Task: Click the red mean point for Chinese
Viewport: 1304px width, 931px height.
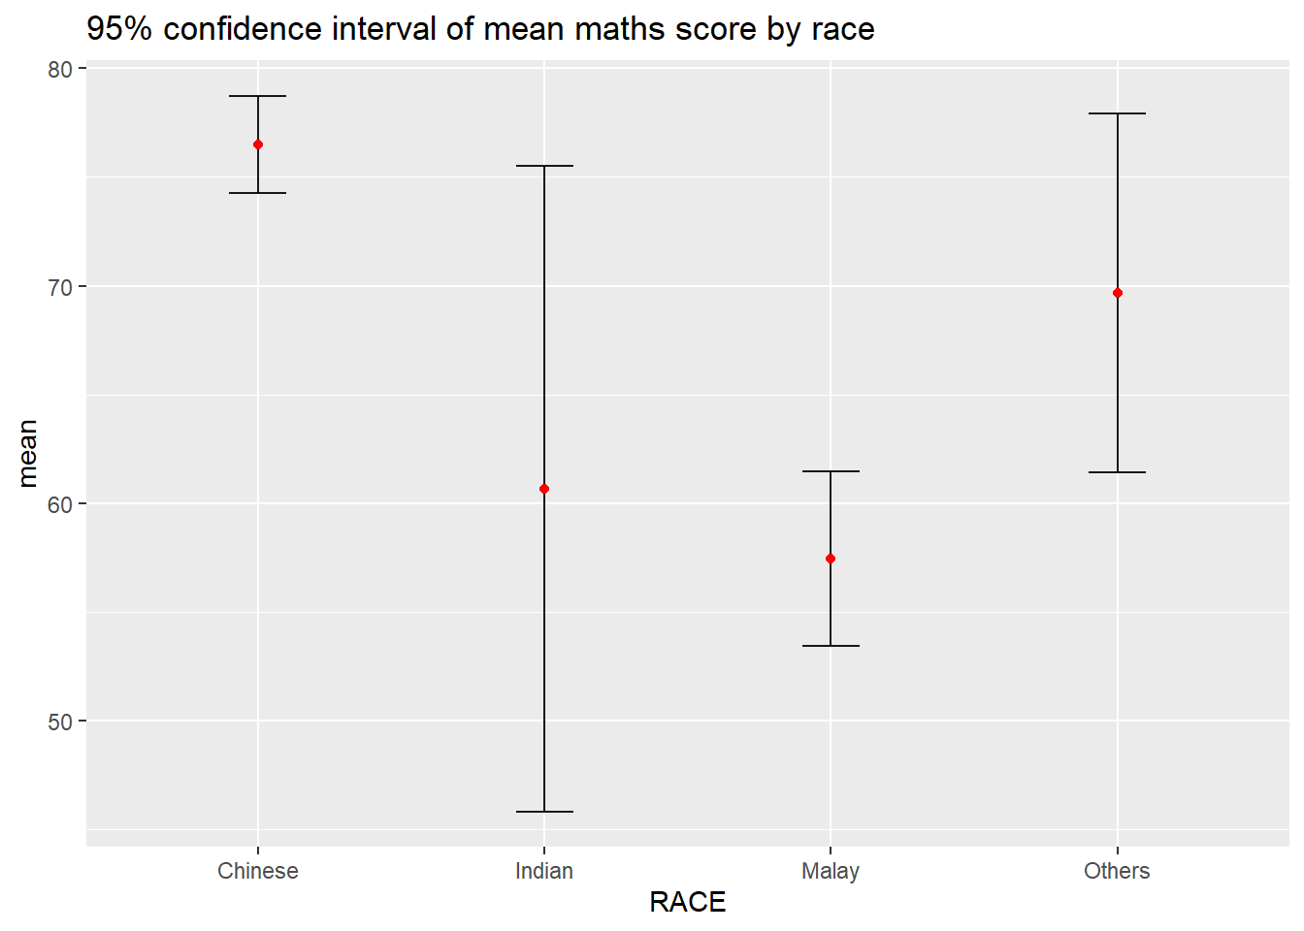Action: pyautogui.click(x=258, y=144)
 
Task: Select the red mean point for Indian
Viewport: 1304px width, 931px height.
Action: pyautogui.click(x=544, y=489)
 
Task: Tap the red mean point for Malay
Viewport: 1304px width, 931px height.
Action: pyautogui.click(x=831, y=559)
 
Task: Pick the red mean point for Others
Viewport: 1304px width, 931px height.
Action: pyautogui.click(x=1118, y=293)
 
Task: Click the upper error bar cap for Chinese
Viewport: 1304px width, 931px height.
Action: pyautogui.click(x=258, y=96)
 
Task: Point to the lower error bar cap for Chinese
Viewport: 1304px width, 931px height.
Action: pyautogui.click(x=258, y=193)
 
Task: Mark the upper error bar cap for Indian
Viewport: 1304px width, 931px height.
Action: pyautogui.click(x=544, y=166)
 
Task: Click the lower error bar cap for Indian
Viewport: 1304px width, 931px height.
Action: pyautogui.click(x=544, y=812)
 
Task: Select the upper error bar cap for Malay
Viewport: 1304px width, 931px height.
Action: pyautogui.click(x=831, y=471)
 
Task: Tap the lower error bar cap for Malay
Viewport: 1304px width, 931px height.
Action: pyautogui.click(x=831, y=646)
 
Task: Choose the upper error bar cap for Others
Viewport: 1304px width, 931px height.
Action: pyautogui.click(x=1118, y=113)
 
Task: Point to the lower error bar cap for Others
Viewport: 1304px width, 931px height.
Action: pyautogui.click(x=1118, y=472)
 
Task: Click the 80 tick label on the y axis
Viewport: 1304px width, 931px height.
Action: pyautogui.click(x=60, y=70)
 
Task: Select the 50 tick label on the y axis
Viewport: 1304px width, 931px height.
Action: pyautogui.click(x=60, y=722)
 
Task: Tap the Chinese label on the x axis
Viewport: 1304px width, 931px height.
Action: pyautogui.click(x=258, y=871)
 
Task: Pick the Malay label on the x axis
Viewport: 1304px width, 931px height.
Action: pyautogui.click(x=831, y=871)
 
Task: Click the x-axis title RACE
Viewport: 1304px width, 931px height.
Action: pyautogui.click(x=687, y=903)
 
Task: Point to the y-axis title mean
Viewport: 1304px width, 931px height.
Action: pyautogui.click(x=27, y=453)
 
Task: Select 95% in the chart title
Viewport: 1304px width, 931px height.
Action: pyautogui.click(x=119, y=29)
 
